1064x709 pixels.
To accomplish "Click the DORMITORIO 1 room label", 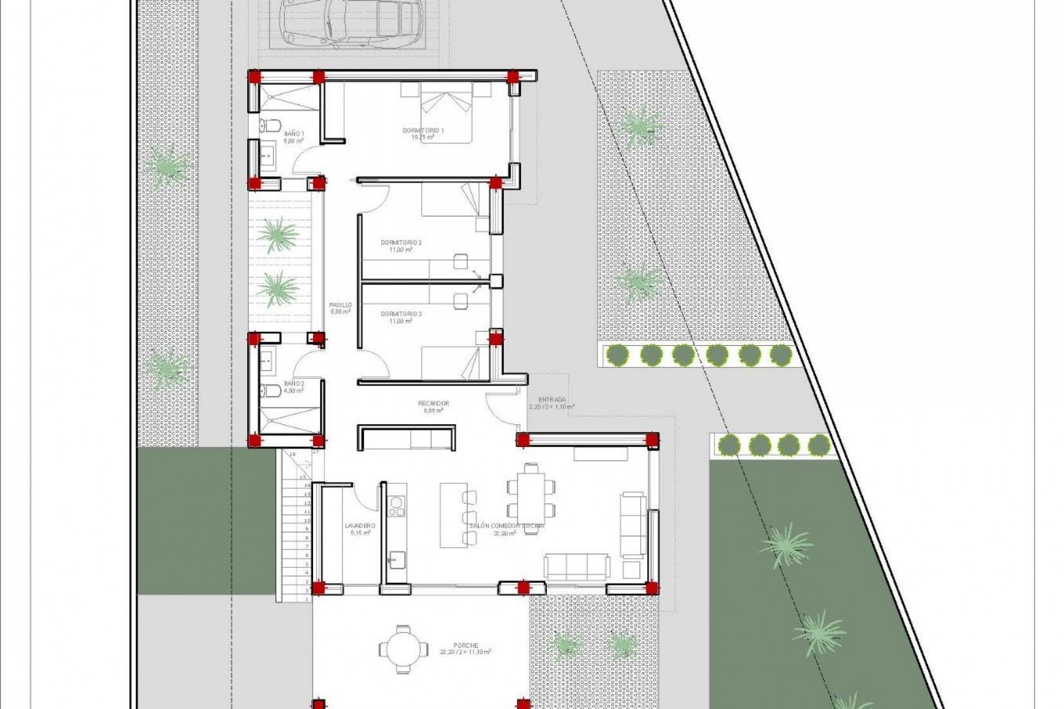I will coord(423,131).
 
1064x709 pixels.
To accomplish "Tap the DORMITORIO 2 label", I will coord(401,243).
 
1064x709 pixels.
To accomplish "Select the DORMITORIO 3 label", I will coord(401,314).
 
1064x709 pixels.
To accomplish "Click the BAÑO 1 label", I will coord(294,134).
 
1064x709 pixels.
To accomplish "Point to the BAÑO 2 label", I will coord(294,383).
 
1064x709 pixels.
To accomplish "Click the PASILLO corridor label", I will coord(340,305).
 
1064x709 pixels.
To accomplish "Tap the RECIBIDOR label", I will coord(433,404).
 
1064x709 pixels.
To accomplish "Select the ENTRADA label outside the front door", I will coord(552,399).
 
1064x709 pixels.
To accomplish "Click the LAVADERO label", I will coord(360,526).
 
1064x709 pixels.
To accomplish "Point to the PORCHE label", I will coord(465,645).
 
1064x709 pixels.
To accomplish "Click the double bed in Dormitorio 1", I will coord(446,112).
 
